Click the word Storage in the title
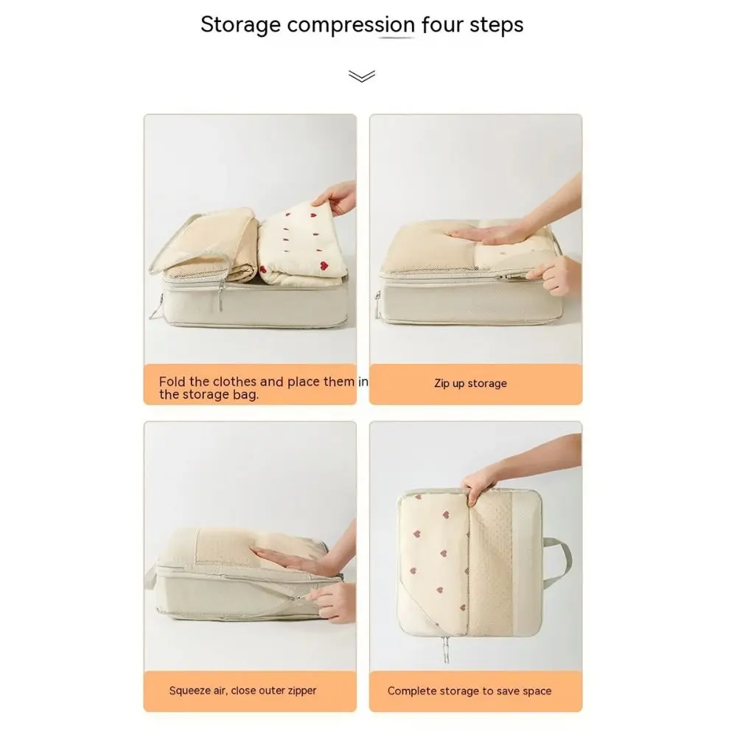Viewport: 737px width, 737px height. click(240, 25)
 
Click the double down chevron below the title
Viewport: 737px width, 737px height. click(361, 76)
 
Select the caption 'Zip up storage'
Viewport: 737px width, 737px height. click(470, 383)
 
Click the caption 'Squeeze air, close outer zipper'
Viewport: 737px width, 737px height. click(242, 691)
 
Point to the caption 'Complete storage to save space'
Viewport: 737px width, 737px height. click(469, 691)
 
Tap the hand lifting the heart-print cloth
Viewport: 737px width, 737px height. click(336, 197)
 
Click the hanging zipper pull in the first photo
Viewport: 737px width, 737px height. click(220, 296)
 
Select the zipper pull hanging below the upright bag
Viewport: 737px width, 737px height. click(445, 649)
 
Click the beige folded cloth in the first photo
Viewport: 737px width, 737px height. click(212, 250)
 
